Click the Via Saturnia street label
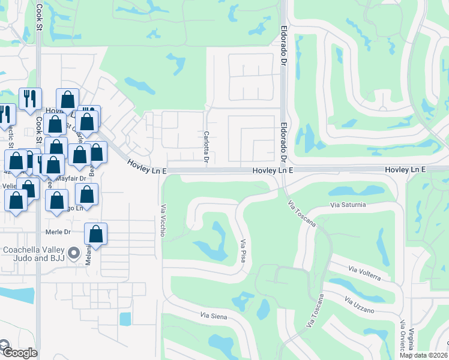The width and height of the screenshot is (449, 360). click(x=348, y=205)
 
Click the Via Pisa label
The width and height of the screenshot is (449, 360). click(x=245, y=253)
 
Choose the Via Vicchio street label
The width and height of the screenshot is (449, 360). click(x=162, y=221)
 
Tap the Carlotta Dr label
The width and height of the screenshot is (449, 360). click(x=206, y=148)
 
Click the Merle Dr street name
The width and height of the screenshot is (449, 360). click(x=58, y=232)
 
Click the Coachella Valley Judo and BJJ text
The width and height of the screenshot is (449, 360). click(x=34, y=254)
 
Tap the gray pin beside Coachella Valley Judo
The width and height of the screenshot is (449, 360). click(x=74, y=253)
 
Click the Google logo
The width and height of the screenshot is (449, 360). click(x=19, y=352)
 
